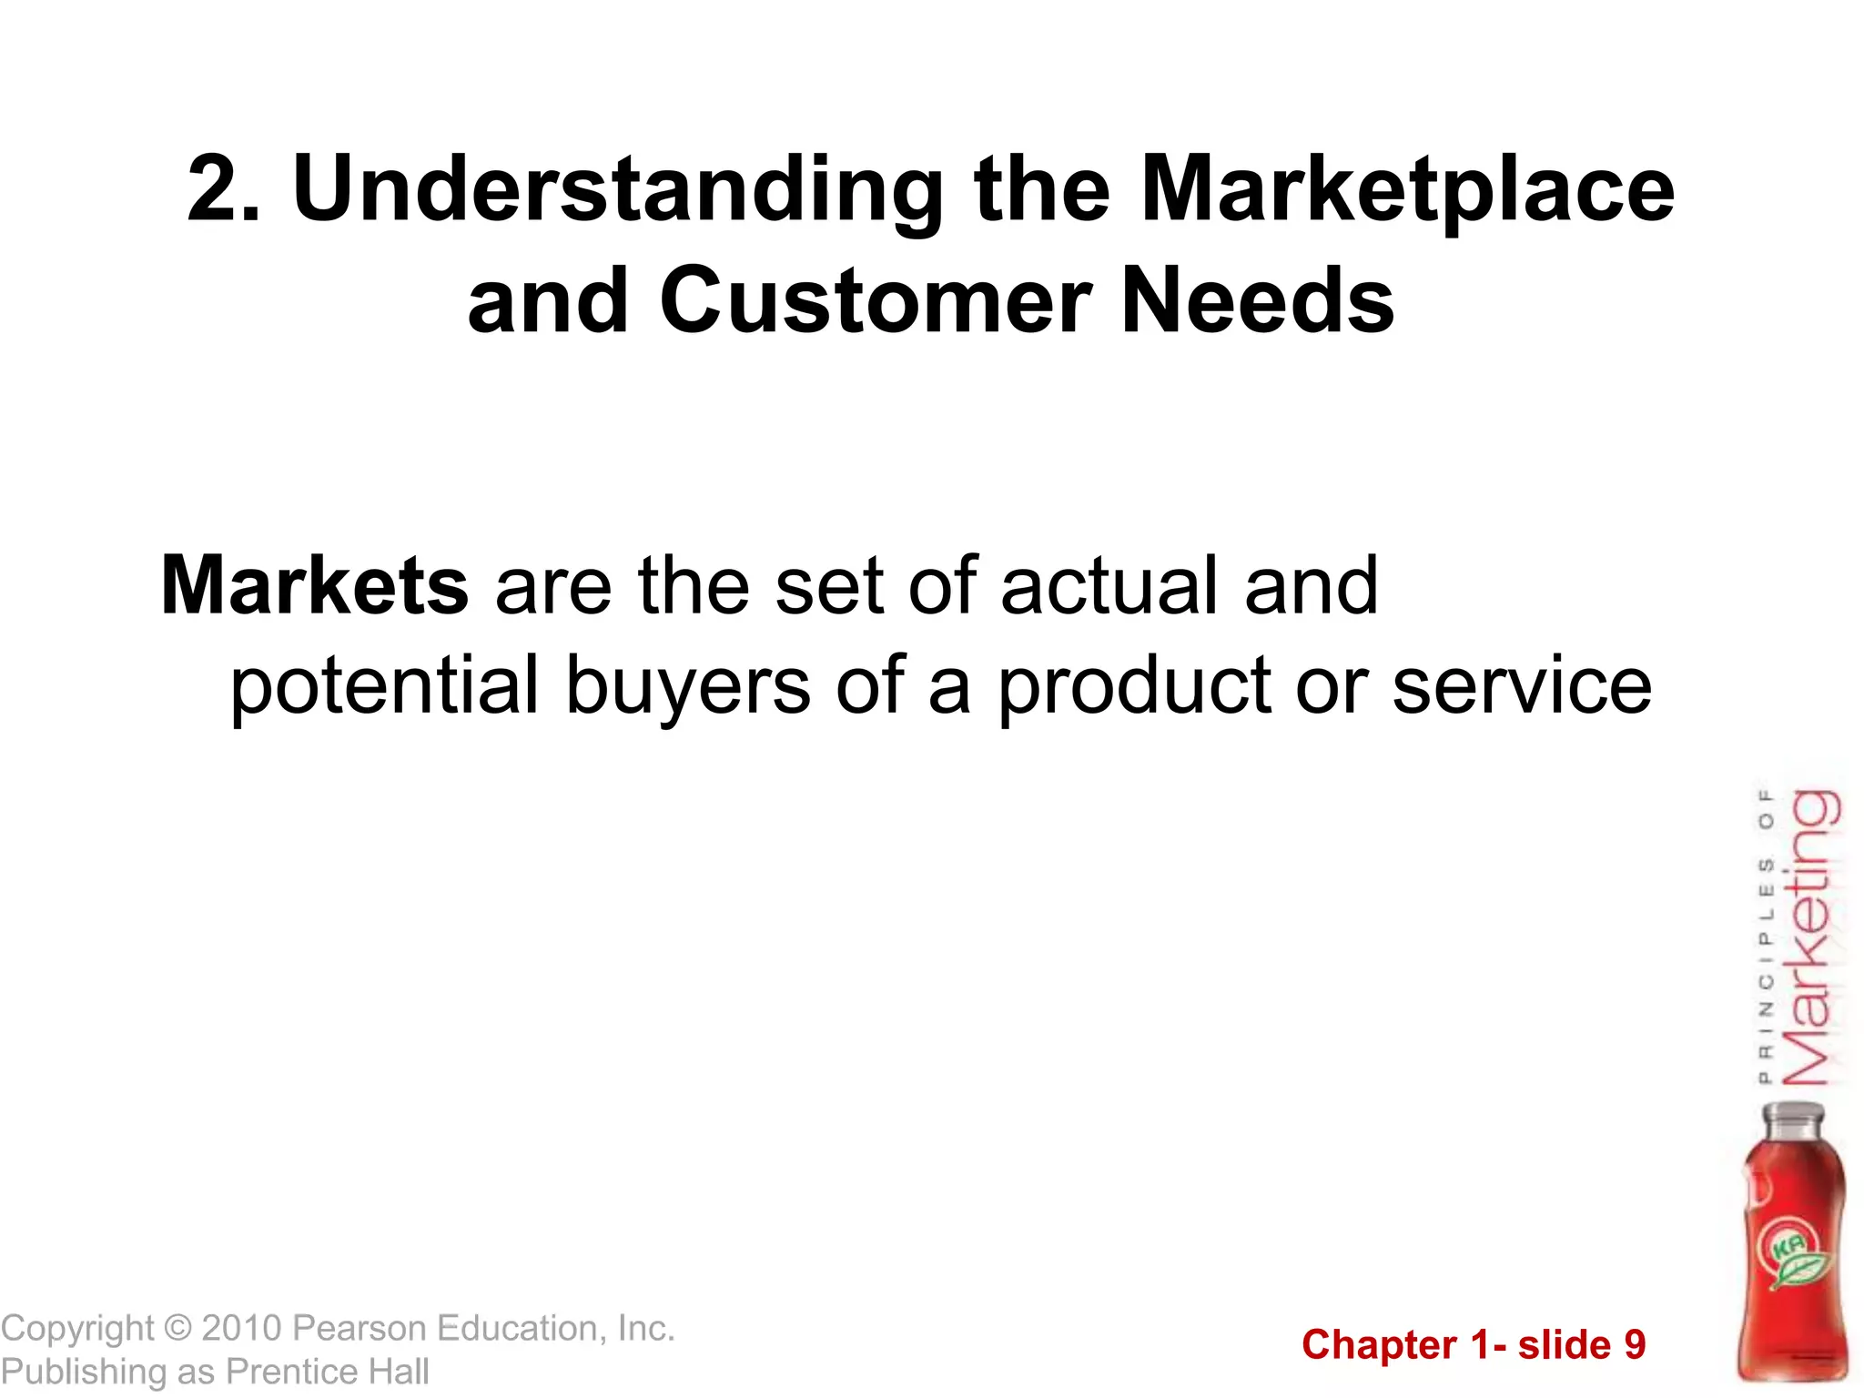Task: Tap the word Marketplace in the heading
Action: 1407,189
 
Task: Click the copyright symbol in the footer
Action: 178,1329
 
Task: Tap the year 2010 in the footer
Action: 242,1329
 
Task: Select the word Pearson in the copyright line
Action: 360,1329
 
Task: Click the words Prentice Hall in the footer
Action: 328,1372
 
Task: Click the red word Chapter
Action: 1379,1345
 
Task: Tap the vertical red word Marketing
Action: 1810,937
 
